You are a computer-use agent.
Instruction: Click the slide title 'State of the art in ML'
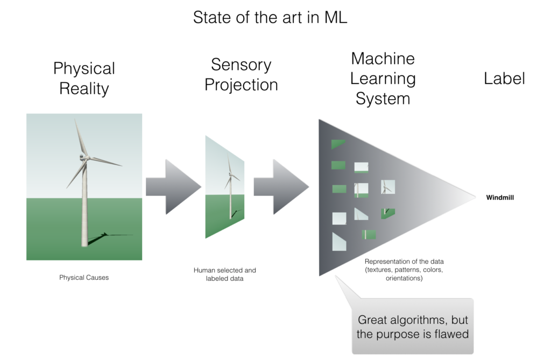click(270, 17)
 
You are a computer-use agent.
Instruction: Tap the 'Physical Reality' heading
click(84, 78)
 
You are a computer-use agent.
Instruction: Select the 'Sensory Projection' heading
click(241, 75)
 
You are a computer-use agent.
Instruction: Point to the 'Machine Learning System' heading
click(383, 79)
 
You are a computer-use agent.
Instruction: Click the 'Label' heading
click(504, 78)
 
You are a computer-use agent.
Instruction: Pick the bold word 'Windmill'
click(500, 197)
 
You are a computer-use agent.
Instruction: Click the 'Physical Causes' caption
click(84, 277)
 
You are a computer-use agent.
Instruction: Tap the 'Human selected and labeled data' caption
click(224, 274)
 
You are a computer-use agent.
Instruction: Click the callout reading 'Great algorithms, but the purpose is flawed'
click(413, 327)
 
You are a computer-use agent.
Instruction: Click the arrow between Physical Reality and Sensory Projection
click(174, 187)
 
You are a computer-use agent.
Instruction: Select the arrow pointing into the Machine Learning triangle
click(281, 187)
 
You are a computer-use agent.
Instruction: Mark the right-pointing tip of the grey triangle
click(476, 197)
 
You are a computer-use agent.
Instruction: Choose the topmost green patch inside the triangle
click(338, 144)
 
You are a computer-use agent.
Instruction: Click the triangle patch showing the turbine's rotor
click(388, 187)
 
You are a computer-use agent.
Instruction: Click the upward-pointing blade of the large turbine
click(79, 136)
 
